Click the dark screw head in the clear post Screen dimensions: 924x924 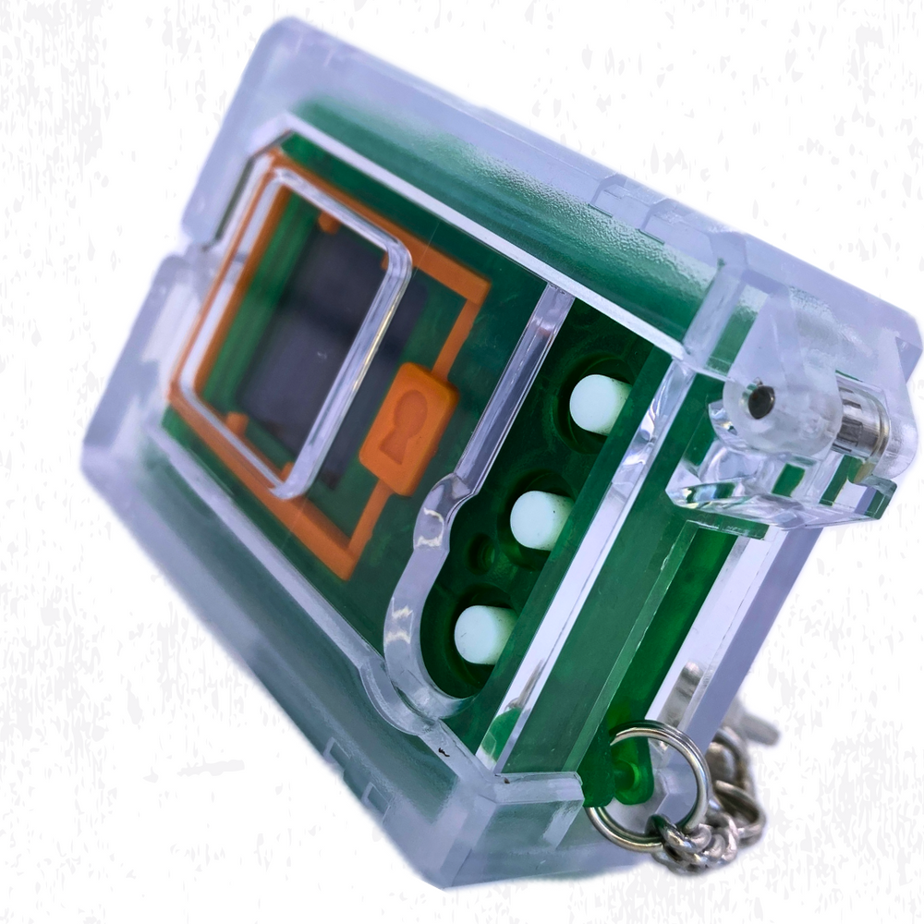[x=760, y=399]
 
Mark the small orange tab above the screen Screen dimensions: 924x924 [x=328, y=222]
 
